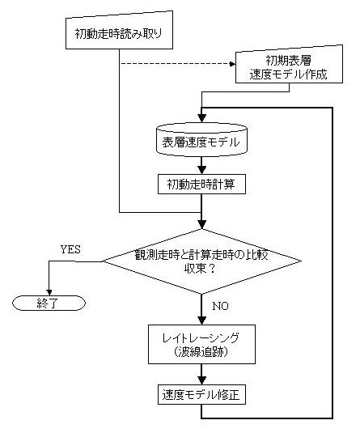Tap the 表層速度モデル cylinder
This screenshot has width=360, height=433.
click(201, 139)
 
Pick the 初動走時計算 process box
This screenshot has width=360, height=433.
click(201, 184)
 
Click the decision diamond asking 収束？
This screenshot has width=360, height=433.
click(201, 261)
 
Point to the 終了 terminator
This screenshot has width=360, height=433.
click(49, 304)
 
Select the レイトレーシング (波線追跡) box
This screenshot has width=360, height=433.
click(201, 344)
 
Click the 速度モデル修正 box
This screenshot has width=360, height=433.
click(201, 394)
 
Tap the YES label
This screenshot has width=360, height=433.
click(70, 249)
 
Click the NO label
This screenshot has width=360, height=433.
click(221, 306)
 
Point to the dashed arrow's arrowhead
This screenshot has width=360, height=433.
click(232, 64)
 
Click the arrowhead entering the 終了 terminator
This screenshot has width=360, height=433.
click(49, 292)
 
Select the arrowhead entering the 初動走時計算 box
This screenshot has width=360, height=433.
click(202, 170)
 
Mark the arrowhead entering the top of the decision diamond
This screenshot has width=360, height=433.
click(202, 225)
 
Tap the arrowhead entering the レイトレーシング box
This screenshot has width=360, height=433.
click(202, 321)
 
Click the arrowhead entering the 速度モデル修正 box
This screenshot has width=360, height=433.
click(202, 380)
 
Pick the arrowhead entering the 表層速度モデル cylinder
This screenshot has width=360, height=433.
click(202, 118)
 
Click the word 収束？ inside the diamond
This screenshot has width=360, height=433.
click(200, 269)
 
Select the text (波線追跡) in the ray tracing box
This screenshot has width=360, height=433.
click(201, 352)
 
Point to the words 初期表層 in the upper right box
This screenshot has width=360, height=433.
click(289, 60)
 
